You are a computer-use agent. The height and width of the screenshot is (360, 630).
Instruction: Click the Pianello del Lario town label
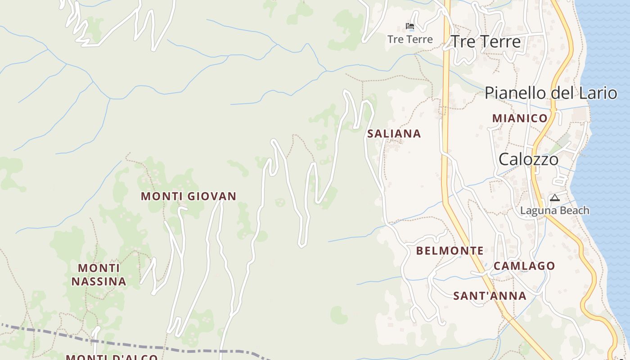550,93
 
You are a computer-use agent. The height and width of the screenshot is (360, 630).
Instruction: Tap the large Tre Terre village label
486,41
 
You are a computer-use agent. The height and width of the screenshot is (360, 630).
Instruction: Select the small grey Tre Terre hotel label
410,39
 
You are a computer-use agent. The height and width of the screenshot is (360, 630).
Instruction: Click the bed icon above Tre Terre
409,26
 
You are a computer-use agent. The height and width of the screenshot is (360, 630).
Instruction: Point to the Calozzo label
528,159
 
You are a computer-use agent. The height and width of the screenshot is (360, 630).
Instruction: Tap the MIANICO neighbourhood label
520,118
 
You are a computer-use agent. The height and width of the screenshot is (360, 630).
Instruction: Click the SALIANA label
394,134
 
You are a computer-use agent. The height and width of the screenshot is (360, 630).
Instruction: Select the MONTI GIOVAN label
189,196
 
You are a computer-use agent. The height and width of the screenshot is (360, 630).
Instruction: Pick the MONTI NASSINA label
99,275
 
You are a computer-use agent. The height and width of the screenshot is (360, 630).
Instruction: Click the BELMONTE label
450,251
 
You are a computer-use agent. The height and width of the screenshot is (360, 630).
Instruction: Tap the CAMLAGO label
524,266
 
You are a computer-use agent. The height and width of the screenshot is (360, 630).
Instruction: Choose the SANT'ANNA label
490,296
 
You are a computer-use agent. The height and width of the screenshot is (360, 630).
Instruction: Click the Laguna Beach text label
554,210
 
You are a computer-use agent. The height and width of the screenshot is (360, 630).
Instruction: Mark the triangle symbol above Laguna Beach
554,198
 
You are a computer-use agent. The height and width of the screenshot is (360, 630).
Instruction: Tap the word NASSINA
99,282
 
